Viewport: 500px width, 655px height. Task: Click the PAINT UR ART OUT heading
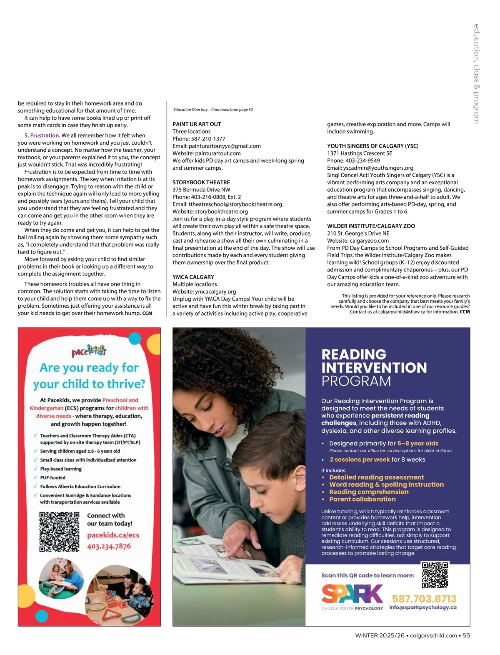pyautogui.click(x=197, y=124)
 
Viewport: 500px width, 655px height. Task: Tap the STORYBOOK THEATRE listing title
pyautogui.click(x=201, y=183)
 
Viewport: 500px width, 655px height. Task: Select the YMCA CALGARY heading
pyautogui.click(x=193, y=277)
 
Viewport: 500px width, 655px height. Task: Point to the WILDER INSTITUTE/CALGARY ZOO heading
pyautogui.click(x=371, y=226)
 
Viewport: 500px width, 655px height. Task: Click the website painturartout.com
pyautogui.click(x=217, y=153)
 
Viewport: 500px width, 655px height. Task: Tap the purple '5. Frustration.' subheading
pyautogui.click(x=42, y=136)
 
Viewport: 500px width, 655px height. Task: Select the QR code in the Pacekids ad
pyautogui.click(x=59, y=532)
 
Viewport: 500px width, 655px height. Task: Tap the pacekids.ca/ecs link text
pyautogui.click(x=113, y=535)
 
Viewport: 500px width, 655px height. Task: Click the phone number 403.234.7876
pyautogui.click(x=109, y=546)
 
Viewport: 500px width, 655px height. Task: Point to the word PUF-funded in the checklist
pyautogui.click(x=52, y=478)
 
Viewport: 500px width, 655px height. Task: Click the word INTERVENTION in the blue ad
pyautogui.click(x=374, y=368)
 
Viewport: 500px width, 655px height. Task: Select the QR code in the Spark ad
pyautogui.click(x=435, y=575)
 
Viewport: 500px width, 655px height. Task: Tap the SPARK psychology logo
pyautogui.click(x=352, y=597)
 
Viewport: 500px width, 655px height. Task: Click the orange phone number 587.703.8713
pyautogui.click(x=424, y=599)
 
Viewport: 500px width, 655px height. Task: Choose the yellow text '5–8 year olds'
pyautogui.click(x=417, y=444)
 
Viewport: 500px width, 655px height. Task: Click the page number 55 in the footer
pyautogui.click(x=466, y=635)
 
